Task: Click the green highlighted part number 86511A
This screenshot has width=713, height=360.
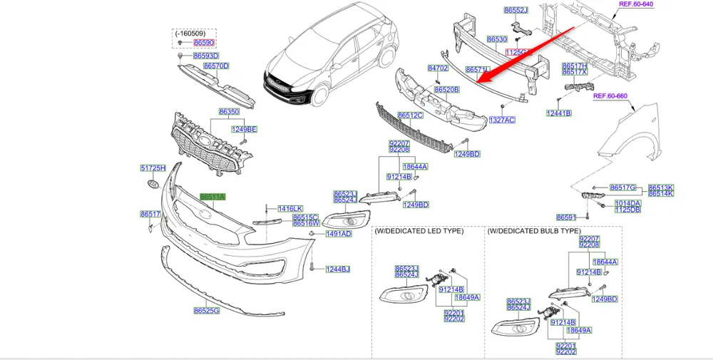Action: [x=212, y=197]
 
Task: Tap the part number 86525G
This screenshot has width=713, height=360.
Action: [x=206, y=310]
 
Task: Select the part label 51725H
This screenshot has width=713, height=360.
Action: [x=153, y=168]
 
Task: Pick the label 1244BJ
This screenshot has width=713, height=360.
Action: [x=338, y=269]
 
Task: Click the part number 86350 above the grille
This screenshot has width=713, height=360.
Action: [x=229, y=112]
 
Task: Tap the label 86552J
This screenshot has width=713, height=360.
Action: [x=515, y=11]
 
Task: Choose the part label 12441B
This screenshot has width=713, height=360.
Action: [x=559, y=113]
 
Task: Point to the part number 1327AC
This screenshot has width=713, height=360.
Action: [x=501, y=120]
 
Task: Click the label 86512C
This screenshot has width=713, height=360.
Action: [x=411, y=115]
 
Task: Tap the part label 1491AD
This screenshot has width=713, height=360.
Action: [x=339, y=234]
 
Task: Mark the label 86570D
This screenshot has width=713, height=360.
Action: [x=216, y=66]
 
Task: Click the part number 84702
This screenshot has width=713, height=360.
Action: [x=437, y=68]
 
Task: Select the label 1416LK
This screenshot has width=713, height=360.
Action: [x=290, y=208]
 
